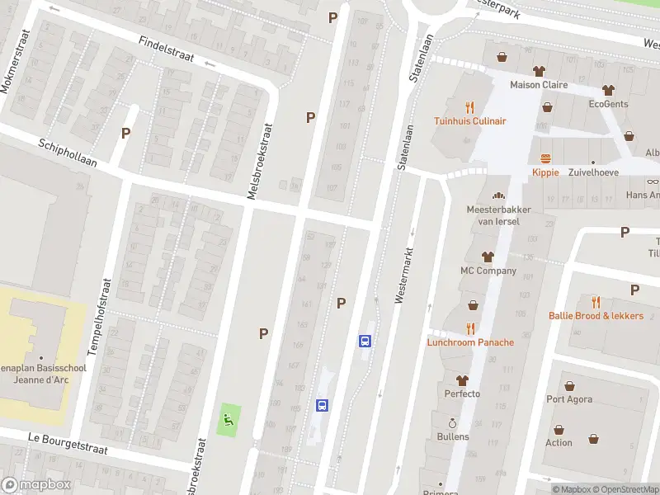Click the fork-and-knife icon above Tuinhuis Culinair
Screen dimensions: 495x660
click(x=470, y=106)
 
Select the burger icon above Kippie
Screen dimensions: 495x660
click(x=545, y=158)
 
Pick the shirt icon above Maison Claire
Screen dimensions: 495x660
click(x=539, y=71)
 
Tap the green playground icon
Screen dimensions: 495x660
click(x=229, y=420)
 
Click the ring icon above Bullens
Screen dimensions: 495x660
click(x=453, y=422)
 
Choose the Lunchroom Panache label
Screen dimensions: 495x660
click(x=470, y=342)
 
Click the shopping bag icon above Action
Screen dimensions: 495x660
click(x=559, y=429)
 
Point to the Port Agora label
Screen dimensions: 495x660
click(x=569, y=400)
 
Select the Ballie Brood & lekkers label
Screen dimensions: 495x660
click(x=596, y=315)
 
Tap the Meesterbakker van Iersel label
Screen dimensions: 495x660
click(x=498, y=214)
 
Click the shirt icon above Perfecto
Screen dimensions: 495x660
click(x=462, y=380)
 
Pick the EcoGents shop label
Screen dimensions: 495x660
click(x=608, y=104)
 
